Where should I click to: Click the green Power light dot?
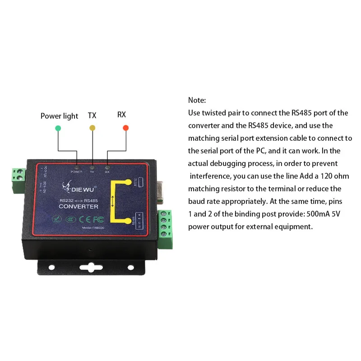point(58,128)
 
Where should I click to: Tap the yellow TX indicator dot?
point(93,128)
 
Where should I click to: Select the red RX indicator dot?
point(126,128)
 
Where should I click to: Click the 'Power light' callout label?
point(59,116)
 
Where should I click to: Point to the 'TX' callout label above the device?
point(92,116)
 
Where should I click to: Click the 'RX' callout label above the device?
point(121,115)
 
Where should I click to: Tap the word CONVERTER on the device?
point(79,207)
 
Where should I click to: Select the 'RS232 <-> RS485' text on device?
point(79,199)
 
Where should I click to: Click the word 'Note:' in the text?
point(197,100)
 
